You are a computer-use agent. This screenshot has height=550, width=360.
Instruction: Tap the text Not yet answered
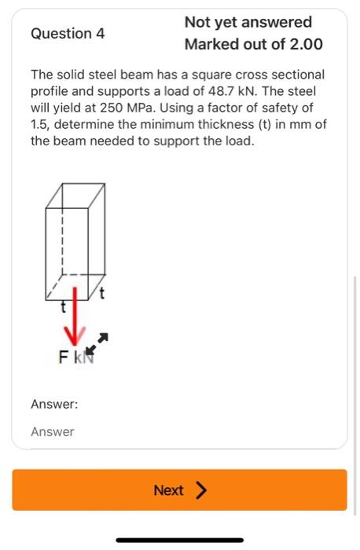coord(248,22)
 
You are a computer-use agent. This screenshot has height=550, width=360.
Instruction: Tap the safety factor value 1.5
coord(40,127)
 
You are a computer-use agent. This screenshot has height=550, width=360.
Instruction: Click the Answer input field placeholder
coord(53,431)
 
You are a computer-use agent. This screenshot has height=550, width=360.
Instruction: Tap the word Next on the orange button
coord(168,490)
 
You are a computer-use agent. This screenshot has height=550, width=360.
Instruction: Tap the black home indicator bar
coord(179,540)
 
